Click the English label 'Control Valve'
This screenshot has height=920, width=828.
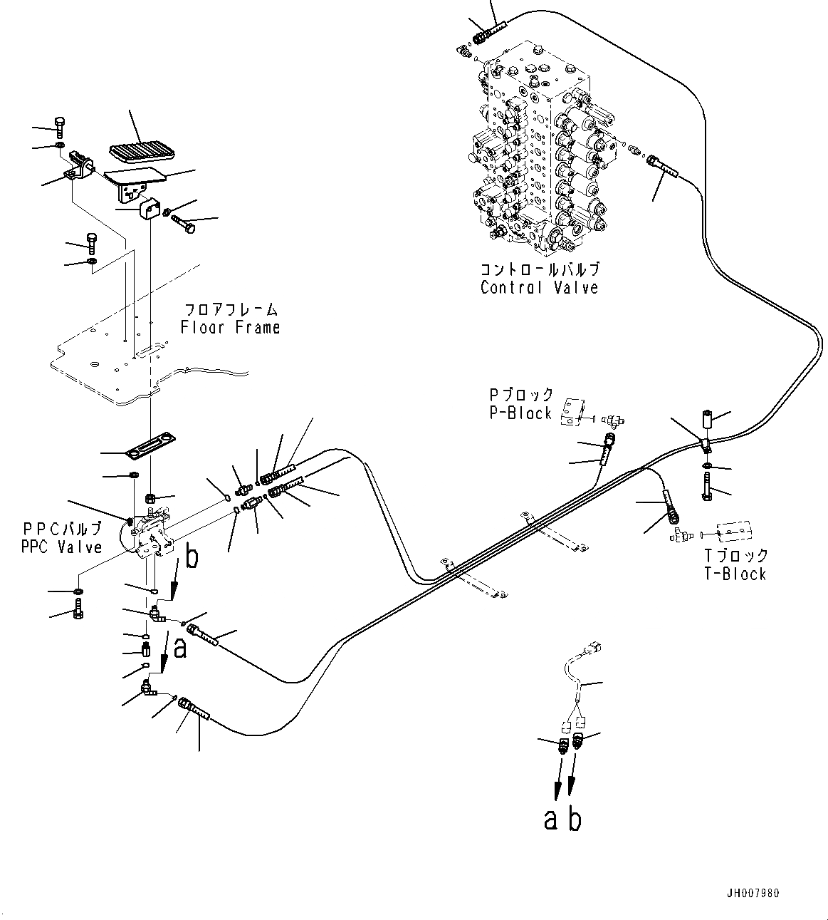coord(539,288)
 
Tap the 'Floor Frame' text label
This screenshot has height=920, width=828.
coord(230,328)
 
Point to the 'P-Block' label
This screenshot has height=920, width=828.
coord(520,413)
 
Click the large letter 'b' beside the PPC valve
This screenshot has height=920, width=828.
coord(192,557)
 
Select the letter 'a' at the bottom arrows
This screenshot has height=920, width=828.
coord(550,820)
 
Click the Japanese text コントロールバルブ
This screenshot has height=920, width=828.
coord(539,270)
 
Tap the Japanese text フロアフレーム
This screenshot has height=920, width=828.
coord(231,310)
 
